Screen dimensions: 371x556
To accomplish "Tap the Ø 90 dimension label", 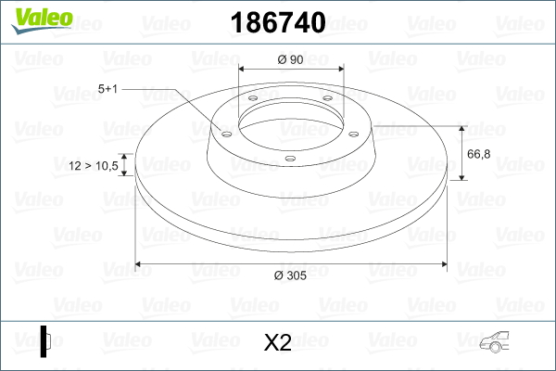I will (291, 60).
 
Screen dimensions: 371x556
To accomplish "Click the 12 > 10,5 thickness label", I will (94, 166).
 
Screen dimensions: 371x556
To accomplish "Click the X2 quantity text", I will (277, 343).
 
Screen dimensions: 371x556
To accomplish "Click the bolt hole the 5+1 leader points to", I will (224, 132).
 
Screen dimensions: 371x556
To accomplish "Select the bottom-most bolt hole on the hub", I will (290, 158).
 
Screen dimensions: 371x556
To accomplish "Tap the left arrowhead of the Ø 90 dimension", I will (244, 69).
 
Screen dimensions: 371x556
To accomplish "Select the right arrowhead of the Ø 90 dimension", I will (338, 69).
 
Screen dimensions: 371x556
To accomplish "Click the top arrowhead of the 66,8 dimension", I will (461, 128).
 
